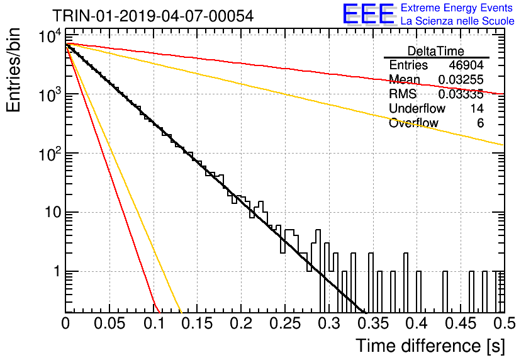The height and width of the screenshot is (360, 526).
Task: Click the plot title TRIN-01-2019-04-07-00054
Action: (153, 16)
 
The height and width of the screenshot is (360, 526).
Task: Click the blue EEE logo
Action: (369, 14)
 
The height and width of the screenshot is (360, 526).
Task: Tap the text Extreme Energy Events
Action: (457, 8)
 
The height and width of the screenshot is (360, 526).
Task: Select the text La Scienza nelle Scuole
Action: (457, 21)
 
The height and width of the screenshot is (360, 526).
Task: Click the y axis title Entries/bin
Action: (13, 70)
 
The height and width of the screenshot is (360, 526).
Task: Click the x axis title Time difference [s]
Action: (430, 346)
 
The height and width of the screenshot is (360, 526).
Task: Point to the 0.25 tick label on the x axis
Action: (286, 323)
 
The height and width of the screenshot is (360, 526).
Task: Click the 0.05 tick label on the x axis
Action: (109, 323)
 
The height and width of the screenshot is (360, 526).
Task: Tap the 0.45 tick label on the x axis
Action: (461, 323)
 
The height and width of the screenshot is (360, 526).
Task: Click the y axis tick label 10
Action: (53, 212)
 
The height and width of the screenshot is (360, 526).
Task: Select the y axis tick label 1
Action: (57, 271)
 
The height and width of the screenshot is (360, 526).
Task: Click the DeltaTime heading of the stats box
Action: (436, 51)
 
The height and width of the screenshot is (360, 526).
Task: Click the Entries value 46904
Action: (466, 65)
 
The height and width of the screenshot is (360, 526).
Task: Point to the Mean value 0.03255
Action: (461, 79)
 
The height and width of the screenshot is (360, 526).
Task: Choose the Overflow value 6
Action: (480, 123)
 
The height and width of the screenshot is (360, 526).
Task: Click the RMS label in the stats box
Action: (403, 94)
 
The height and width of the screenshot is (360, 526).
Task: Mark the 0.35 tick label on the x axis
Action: (373, 323)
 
